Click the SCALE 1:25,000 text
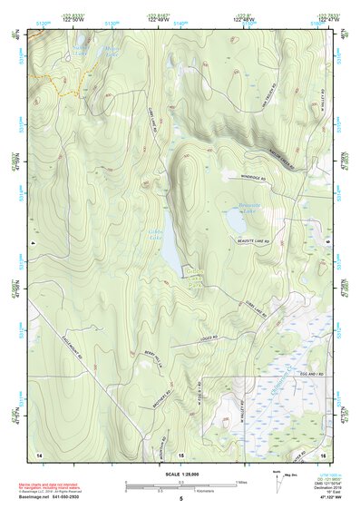pyautogui.click(x=180, y=475)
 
